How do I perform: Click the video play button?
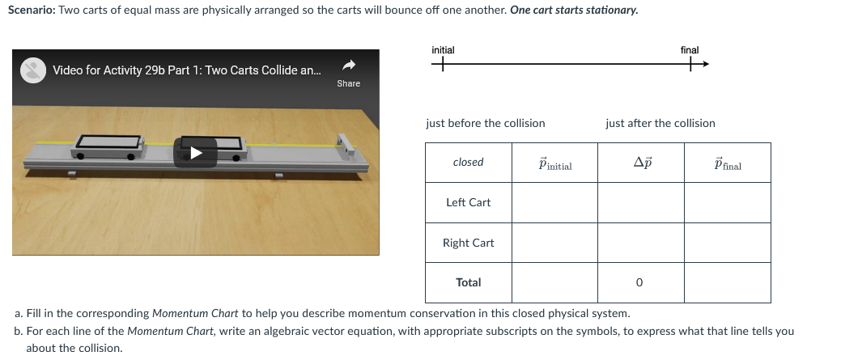tap(195, 152)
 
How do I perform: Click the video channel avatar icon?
tap(32, 70)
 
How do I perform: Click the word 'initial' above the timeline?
tap(443, 50)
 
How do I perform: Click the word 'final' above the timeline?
tap(690, 50)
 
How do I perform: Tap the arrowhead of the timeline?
tap(704, 65)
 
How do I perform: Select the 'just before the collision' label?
tap(485, 123)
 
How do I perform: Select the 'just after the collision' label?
tap(660, 123)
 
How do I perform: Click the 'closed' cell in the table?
tap(468, 163)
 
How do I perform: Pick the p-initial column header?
tap(554, 164)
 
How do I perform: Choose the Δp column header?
tap(641, 163)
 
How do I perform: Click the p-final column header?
tap(728, 164)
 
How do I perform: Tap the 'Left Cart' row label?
tap(468, 202)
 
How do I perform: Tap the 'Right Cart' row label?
tap(468, 243)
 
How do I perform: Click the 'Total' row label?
tap(468, 282)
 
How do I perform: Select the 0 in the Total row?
tap(639, 283)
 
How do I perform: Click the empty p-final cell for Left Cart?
tap(728, 202)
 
